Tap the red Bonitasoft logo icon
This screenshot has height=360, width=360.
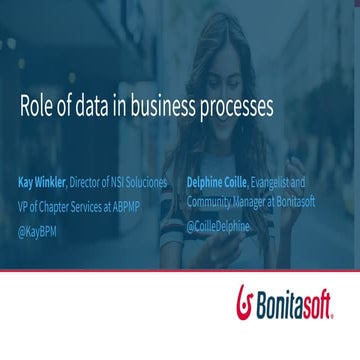[x=244, y=300]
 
